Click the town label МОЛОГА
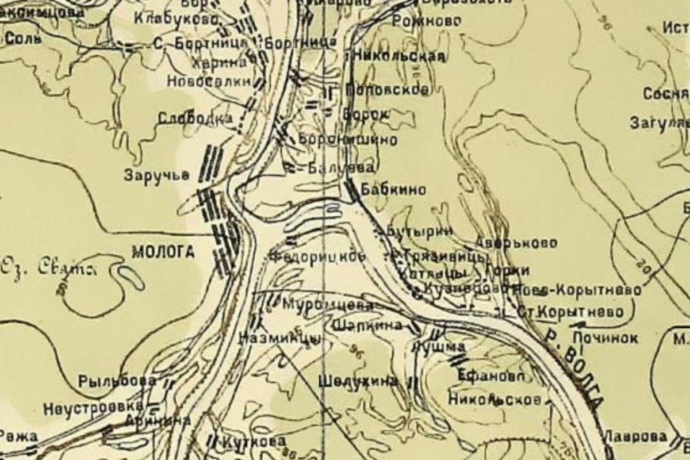tap(164, 252)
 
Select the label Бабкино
tap(393, 190)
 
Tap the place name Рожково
tap(426, 21)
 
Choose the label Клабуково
tap(176, 19)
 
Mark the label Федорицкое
tap(317, 256)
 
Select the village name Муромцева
tap(328, 304)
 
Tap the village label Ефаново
tap(491, 376)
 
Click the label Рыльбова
tap(117, 381)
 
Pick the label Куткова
tap(253, 442)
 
